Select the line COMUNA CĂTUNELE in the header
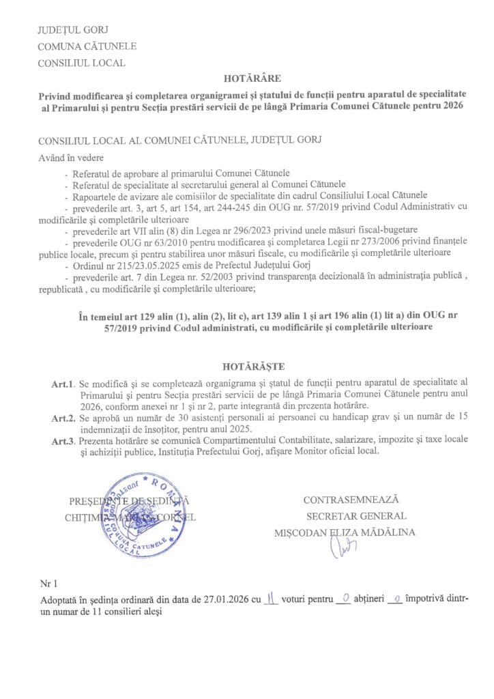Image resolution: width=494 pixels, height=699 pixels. click(x=87, y=46)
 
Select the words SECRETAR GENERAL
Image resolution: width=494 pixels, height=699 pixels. click(x=355, y=516)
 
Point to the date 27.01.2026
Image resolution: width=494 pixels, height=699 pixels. click(x=226, y=600)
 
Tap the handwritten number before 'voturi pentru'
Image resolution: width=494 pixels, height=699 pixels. click(x=272, y=599)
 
